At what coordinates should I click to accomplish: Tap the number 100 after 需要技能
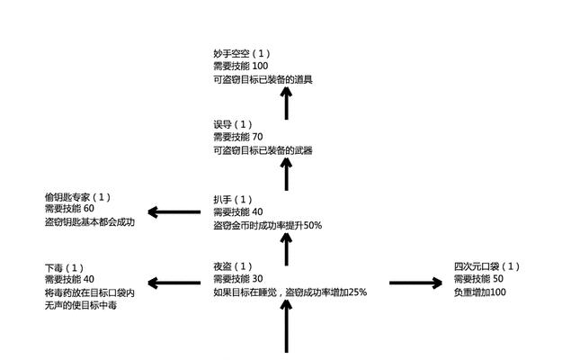pos(260,66)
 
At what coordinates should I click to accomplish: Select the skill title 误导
pos(222,125)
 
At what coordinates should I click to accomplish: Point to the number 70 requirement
pos(257,137)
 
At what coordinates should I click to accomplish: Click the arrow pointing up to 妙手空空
pos(286,103)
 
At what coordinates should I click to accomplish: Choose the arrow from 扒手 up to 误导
pos(286,175)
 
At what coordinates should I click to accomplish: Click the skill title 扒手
pos(222,200)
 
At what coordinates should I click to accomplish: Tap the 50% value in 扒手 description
pos(313,226)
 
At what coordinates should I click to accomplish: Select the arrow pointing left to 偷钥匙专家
pos(174,211)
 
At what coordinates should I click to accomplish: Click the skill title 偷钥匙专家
pos(67,197)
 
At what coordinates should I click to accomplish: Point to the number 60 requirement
pos(89,208)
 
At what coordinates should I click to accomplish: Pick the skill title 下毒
pos(54,268)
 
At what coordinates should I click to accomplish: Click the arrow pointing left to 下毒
pos(174,283)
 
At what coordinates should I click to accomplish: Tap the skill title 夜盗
pos(222,266)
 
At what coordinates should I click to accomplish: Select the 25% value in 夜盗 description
pos(357,292)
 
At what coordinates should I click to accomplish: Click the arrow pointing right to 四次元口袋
pos(415,283)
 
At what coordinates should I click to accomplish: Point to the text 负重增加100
pos(480,292)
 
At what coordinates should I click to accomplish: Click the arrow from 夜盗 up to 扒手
pos(286,249)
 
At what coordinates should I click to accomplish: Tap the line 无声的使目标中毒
pos(81,306)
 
